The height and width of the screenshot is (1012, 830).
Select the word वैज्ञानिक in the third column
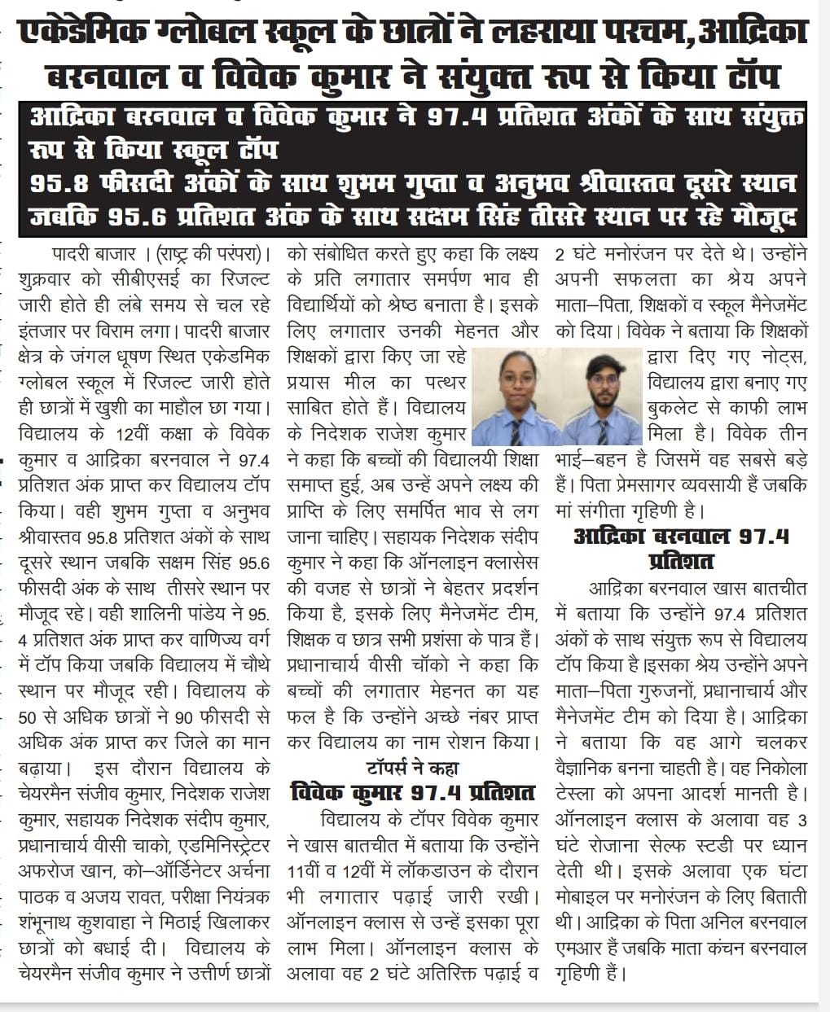click(x=593, y=768)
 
